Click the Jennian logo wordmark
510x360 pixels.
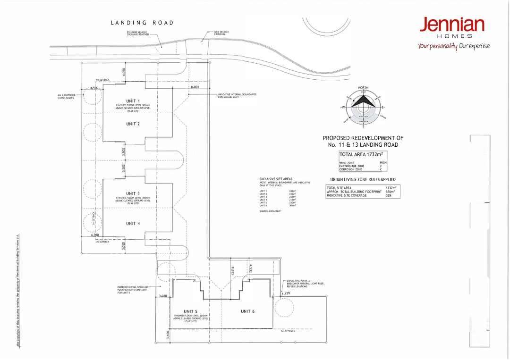[x=452, y=25]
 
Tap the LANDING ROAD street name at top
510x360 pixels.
[x=142, y=23]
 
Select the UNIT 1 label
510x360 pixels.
[x=133, y=101]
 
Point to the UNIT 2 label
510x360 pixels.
[x=133, y=124]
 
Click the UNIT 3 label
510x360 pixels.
[x=133, y=193]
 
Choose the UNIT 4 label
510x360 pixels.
[x=133, y=224]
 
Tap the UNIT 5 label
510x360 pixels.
[x=190, y=311]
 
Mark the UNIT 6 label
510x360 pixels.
[x=248, y=311]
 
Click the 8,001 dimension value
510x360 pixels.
[x=195, y=87]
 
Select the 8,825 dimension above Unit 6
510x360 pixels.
[x=233, y=271]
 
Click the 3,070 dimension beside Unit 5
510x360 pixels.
[x=163, y=296]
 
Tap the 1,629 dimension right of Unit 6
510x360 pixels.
[x=286, y=293]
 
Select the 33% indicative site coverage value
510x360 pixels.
[x=389, y=196]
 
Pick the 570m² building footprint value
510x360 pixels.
[x=391, y=192]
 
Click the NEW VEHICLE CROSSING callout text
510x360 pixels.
[x=221, y=33]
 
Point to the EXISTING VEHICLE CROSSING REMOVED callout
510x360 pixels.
[x=137, y=33]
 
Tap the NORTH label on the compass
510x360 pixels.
[x=363, y=88]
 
